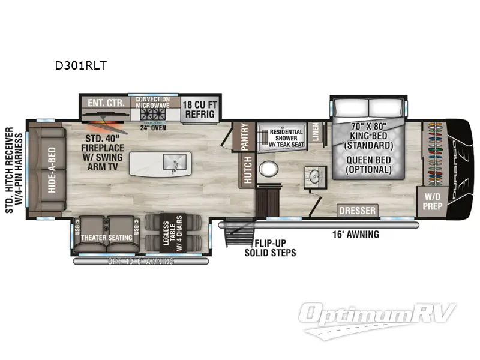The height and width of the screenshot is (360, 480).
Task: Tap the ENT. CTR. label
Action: tap(106, 103)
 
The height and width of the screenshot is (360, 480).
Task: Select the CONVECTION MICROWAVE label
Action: tap(152, 103)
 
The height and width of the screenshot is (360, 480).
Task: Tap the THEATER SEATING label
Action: tap(107, 238)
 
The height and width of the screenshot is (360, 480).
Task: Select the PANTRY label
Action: tap(245, 136)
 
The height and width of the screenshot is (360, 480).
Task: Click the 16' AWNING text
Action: tap(356, 235)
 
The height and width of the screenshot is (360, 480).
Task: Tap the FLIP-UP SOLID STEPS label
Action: tap(269, 248)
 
